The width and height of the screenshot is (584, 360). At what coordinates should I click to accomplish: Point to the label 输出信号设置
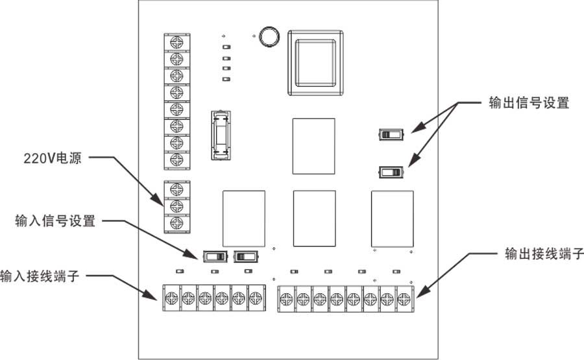(529, 103)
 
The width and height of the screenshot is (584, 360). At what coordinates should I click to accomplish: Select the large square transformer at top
(315, 61)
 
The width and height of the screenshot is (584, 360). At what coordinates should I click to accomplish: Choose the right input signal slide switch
(246, 256)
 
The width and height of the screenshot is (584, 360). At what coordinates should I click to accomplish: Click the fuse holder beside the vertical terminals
(221, 135)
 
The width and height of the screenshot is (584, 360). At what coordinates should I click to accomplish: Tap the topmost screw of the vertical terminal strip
(175, 42)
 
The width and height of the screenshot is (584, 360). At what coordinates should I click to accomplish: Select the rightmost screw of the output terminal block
(404, 298)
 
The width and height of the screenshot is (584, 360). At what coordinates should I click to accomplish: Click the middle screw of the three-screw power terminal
(175, 206)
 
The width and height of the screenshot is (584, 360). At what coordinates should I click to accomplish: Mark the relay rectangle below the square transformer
(313, 146)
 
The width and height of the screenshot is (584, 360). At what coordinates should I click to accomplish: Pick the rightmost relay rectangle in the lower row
(392, 219)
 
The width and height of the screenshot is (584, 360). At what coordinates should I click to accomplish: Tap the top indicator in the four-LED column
(226, 47)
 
